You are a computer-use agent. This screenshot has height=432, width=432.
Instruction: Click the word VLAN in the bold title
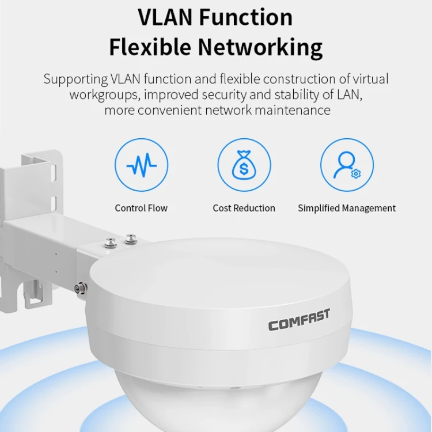[165, 17]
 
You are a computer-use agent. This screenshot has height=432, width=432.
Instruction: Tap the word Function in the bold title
[246, 17]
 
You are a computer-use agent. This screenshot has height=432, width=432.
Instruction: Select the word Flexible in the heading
[150, 47]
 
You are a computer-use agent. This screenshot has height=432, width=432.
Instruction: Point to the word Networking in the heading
[260, 48]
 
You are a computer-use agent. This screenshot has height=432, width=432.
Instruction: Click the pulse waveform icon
[141, 165]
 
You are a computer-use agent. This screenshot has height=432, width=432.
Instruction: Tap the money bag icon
[244, 165]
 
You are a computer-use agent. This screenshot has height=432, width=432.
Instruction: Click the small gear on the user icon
[356, 173]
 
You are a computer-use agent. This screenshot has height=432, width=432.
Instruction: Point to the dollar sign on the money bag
[244, 169]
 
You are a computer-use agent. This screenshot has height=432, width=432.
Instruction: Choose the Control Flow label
[141, 208]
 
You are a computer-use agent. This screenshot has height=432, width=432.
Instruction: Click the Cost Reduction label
[244, 208]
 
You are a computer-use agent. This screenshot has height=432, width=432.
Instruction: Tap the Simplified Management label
[347, 209]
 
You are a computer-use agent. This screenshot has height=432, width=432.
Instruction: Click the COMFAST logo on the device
[299, 320]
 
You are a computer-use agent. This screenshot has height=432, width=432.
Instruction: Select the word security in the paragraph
[224, 95]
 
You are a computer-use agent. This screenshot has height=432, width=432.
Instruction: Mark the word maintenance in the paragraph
[292, 110]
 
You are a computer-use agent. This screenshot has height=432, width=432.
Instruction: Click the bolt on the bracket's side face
[81, 288]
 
